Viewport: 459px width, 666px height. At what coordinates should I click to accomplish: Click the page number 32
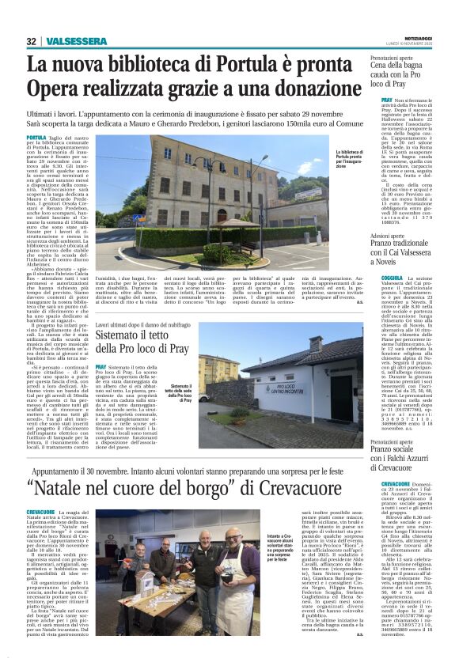(x=32, y=41)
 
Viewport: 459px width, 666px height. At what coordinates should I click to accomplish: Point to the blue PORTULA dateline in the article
(x=36, y=138)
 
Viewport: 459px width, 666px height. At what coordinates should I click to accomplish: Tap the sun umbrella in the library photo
(x=237, y=223)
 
